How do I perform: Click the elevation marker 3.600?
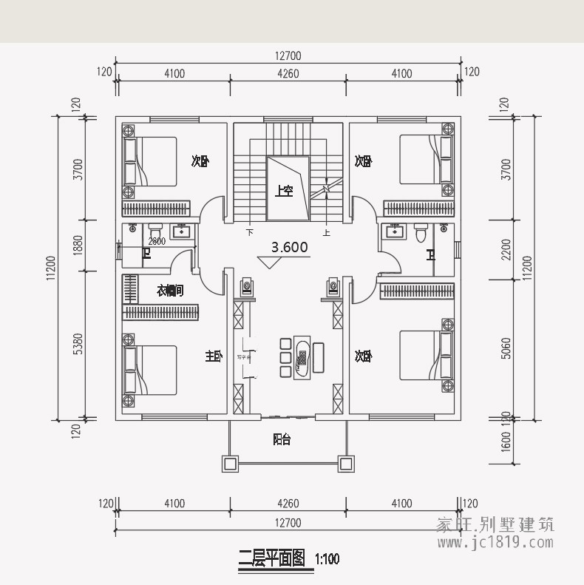(289, 248)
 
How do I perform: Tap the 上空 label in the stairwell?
(285, 191)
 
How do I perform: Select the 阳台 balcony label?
(282, 439)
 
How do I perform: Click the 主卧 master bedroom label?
(213, 356)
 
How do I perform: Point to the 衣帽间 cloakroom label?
(170, 291)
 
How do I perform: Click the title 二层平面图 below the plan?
(271, 558)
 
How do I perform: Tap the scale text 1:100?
(327, 559)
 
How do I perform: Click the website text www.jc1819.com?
(495, 543)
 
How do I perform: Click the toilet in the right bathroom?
(421, 232)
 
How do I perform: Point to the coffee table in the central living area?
(302, 358)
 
